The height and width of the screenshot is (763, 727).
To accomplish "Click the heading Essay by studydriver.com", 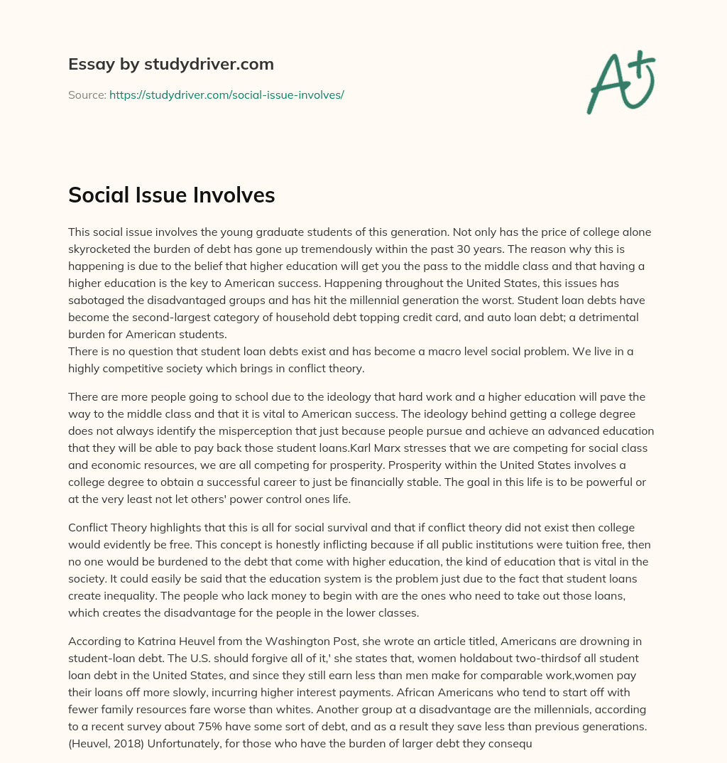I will (x=170, y=64).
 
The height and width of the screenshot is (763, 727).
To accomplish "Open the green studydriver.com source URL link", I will (x=226, y=94).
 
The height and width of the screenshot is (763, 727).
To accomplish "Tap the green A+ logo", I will (x=621, y=82).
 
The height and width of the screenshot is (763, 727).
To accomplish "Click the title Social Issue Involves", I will (x=171, y=195).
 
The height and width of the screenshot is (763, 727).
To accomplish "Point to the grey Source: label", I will (x=87, y=94).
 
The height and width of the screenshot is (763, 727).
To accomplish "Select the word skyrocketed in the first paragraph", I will (x=99, y=249).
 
